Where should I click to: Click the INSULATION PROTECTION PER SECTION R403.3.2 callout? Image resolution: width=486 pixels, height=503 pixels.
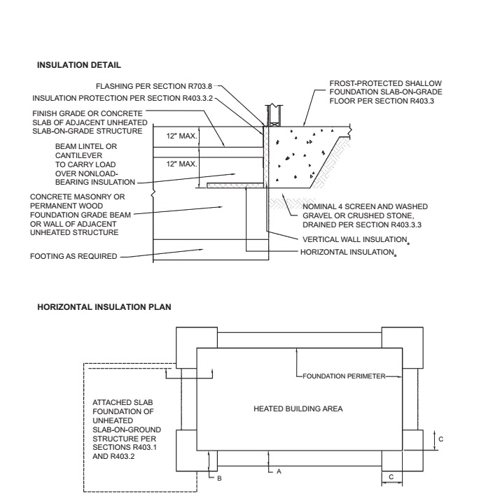[x=123, y=97]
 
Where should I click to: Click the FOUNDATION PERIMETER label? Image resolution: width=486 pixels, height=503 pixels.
[x=346, y=376]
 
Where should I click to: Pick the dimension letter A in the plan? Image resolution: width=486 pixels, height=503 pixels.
[x=278, y=472]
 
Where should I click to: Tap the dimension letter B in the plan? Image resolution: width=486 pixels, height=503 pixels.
[x=219, y=477]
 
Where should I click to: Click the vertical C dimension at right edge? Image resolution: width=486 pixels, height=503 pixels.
[x=438, y=438]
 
